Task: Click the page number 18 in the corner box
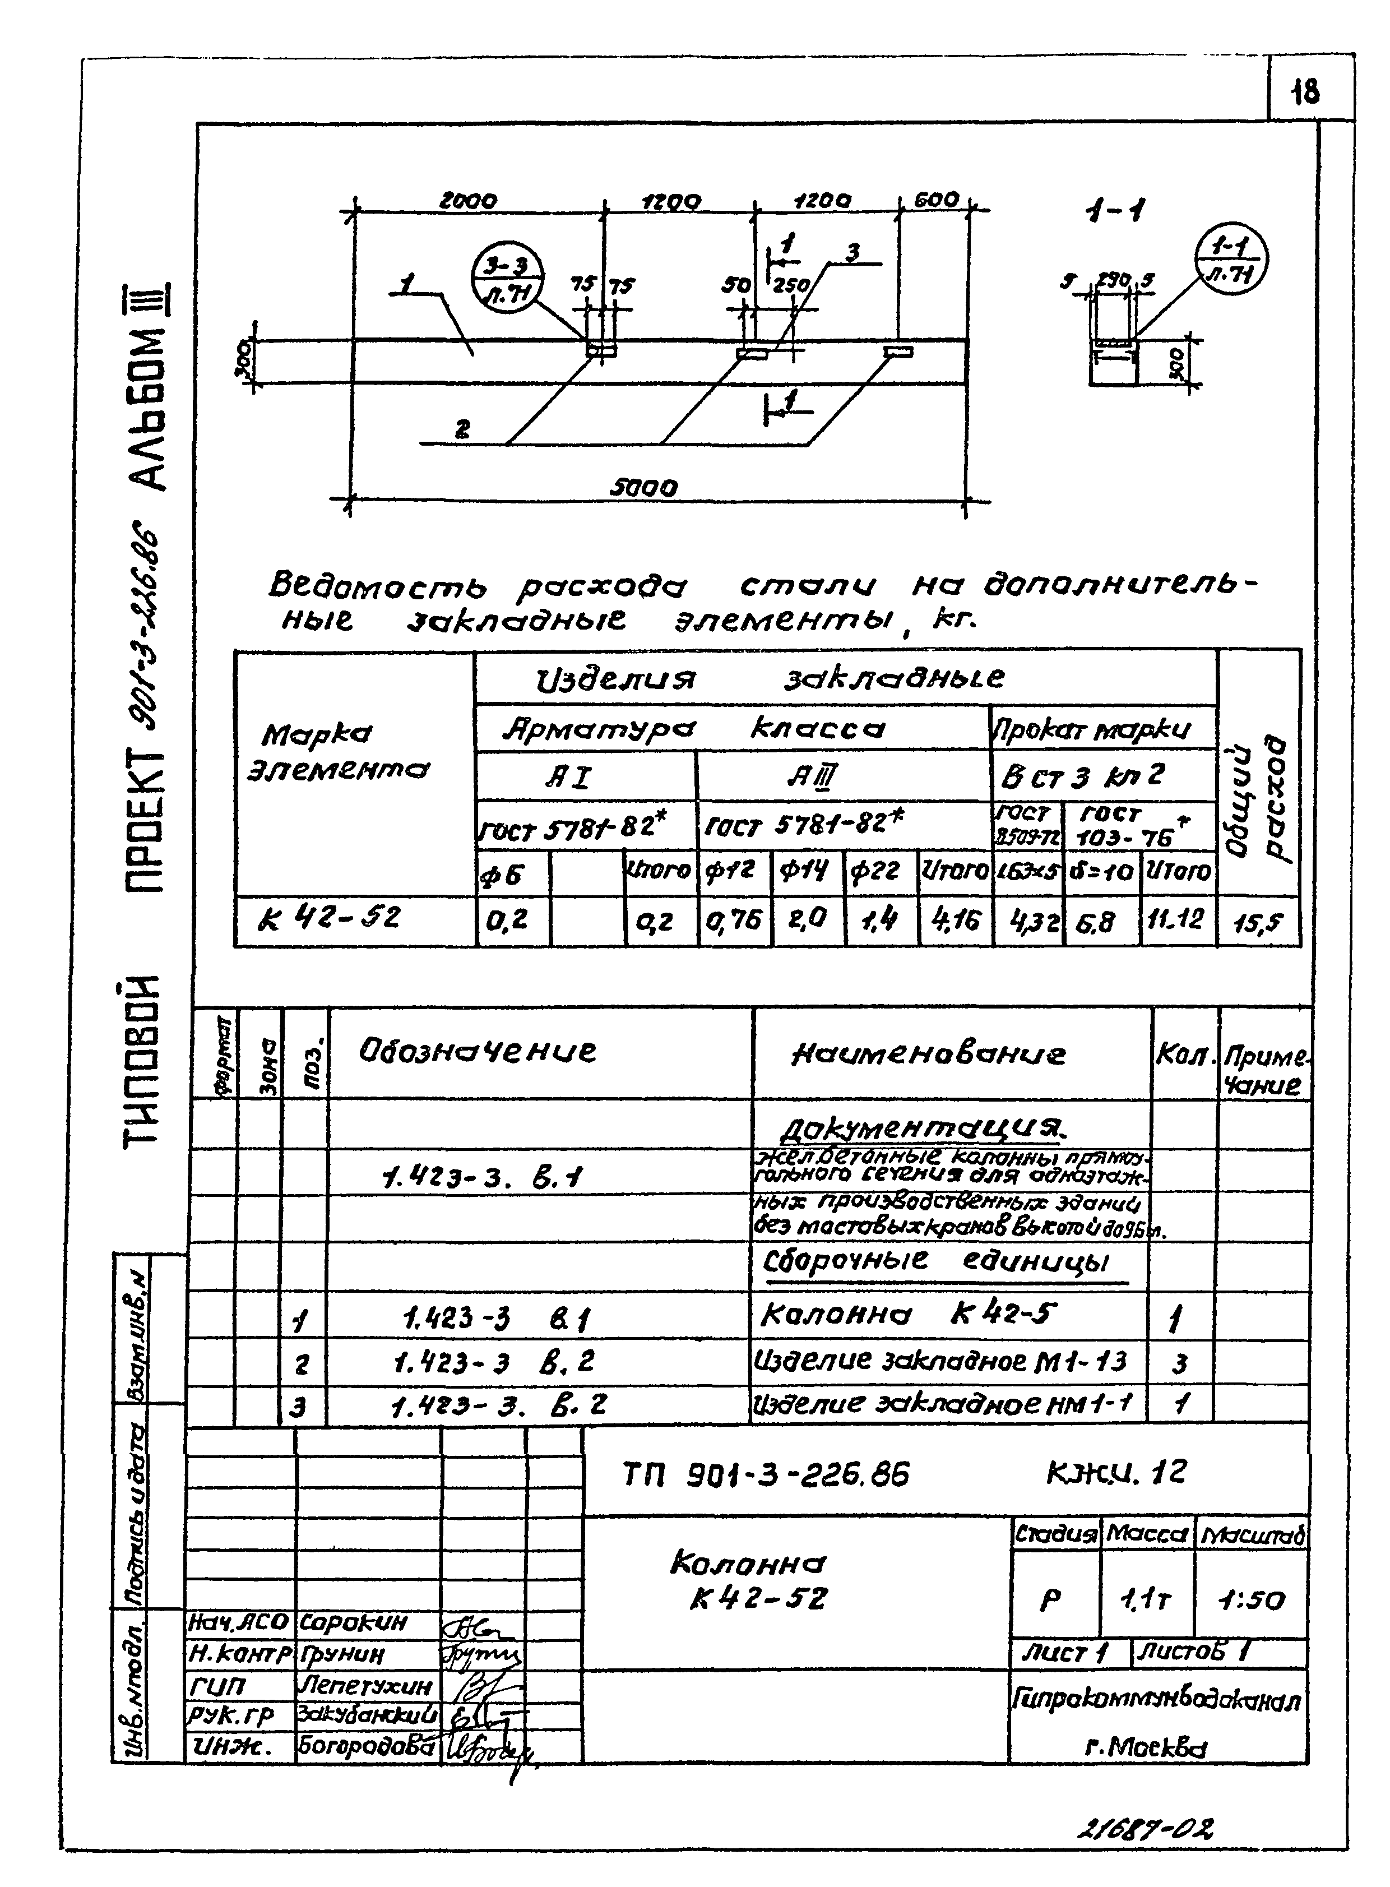[x=1306, y=91]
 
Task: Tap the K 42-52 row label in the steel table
[x=330, y=917]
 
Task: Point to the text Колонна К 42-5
[x=908, y=1315]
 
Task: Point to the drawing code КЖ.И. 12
[x=1116, y=1473]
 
